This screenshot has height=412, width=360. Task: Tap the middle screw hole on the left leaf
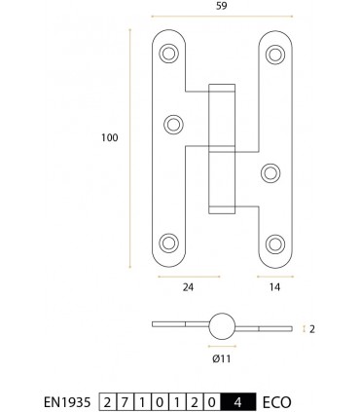(x=174, y=123)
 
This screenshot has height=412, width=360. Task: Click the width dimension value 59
(x=223, y=7)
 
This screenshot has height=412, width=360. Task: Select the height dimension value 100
(x=109, y=138)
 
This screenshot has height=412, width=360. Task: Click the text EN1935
(x=69, y=399)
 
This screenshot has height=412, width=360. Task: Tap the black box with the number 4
(x=238, y=399)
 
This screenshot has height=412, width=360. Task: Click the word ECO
(x=277, y=399)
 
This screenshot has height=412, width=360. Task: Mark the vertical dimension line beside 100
(x=130, y=146)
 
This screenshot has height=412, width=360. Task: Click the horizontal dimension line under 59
(x=223, y=18)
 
